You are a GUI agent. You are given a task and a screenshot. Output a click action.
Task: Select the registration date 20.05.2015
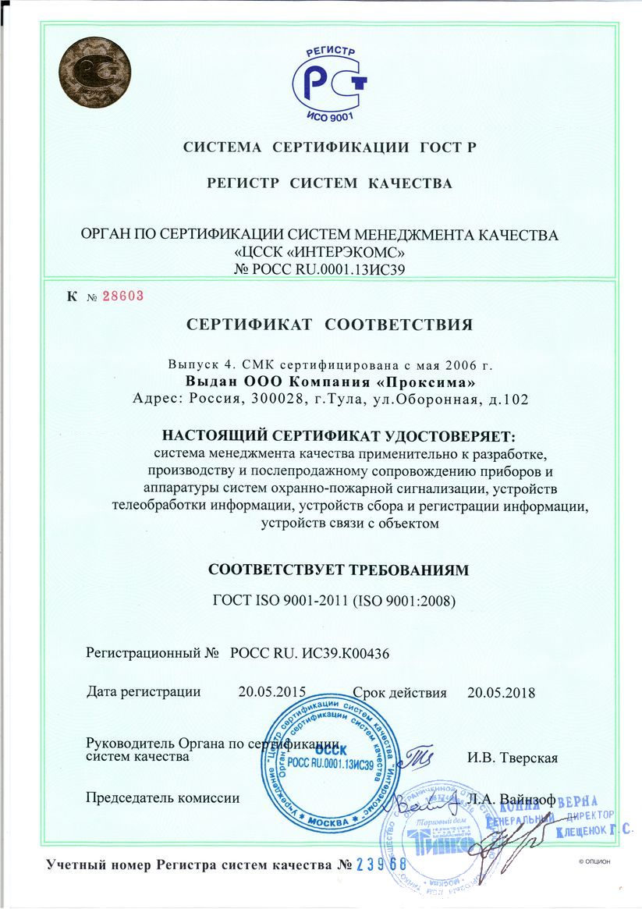tap(271, 691)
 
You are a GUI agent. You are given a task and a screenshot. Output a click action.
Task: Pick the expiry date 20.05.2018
tap(501, 691)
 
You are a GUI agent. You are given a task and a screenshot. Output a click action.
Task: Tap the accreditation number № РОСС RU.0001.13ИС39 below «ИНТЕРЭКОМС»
tap(321, 269)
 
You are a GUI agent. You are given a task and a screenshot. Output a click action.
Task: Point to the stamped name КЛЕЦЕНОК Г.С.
tap(593, 833)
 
